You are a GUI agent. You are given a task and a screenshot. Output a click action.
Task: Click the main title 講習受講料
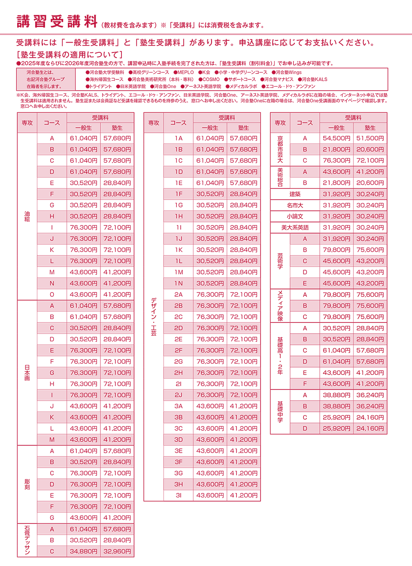pos(58,21)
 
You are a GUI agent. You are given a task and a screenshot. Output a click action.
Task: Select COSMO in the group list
pos(211,79)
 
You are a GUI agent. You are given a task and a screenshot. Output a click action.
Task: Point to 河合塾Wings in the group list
pos(288,73)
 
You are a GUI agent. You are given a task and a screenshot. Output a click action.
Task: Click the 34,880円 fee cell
pos(84,551)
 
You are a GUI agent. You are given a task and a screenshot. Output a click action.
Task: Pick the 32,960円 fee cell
pos(117,551)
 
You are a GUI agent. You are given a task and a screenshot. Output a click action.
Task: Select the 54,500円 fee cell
pos(336,138)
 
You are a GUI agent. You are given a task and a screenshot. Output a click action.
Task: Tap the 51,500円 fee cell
pos(370,138)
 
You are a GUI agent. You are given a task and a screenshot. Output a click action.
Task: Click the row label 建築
pos(295,194)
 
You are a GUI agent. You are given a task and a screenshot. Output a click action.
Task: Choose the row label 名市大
pos(295,205)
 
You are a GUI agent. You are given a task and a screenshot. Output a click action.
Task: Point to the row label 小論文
pos(295,216)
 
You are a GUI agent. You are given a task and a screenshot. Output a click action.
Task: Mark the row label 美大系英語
pos(295,228)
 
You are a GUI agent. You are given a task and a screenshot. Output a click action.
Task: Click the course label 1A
pos(179,138)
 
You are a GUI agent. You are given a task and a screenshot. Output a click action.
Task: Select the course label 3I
pos(179,496)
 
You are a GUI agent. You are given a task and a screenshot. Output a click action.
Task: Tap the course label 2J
pos(179,395)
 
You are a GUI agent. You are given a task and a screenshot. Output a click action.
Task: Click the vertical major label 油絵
pos(27,216)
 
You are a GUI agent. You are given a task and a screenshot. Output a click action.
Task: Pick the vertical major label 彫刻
pos(27,484)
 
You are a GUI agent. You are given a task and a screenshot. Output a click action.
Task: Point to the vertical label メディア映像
pos(280,306)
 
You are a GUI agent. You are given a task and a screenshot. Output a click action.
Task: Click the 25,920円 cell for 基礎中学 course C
pos(336,417)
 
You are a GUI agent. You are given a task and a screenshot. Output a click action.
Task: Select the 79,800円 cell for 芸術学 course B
pos(336,250)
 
